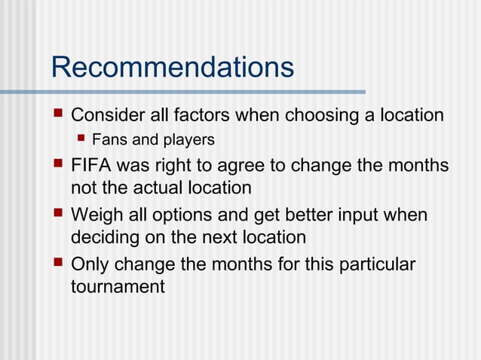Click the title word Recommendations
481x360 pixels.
pyautogui.click(x=172, y=67)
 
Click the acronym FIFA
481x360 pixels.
pyautogui.click(x=91, y=165)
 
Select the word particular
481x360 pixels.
pyautogui.click(x=378, y=265)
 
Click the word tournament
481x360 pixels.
pyautogui.click(x=118, y=286)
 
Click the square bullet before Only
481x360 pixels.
pyautogui.click(x=59, y=264)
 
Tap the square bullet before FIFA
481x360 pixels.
pyautogui.click(x=59, y=164)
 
